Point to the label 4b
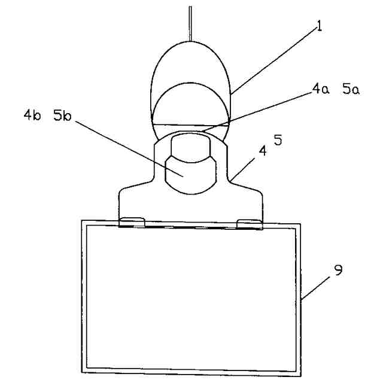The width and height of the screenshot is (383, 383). pos(32,116)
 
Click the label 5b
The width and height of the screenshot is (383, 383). pos(62,116)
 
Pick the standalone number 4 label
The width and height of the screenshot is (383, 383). pos(262,153)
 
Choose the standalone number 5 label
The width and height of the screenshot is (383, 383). pos(278,141)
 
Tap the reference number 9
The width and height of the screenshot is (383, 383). pos(338,271)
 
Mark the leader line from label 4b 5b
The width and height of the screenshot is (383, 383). pos(129,147)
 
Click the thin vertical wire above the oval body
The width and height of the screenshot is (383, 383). pos(190,23)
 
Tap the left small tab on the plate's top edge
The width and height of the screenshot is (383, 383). pos(132,223)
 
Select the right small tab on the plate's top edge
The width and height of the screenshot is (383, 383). pos(250,224)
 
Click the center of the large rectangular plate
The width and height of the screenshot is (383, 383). pos(190,297)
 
